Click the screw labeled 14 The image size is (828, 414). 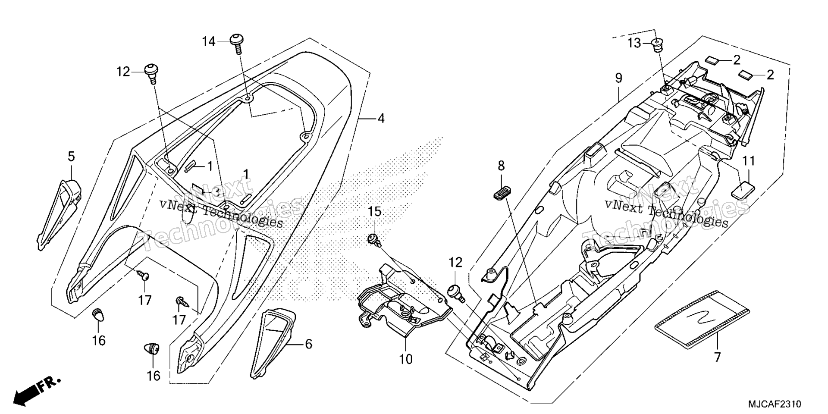pyautogui.click(x=237, y=43)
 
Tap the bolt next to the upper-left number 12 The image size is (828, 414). pyautogui.click(x=152, y=73)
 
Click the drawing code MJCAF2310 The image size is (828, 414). pyautogui.click(x=775, y=404)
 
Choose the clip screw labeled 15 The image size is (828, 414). pyautogui.click(x=374, y=240)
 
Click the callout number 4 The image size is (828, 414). pyautogui.click(x=381, y=118)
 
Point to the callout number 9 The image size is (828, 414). pyautogui.click(x=619, y=78)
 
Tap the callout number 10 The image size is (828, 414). pyautogui.click(x=406, y=359)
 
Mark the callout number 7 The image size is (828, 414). pyautogui.click(x=718, y=358)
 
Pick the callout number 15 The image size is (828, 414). pyautogui.click(x=375, y=212)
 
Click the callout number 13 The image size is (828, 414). pyautogui.click(x=635, y=43)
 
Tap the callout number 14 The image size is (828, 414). pyautogui.click(x=209, y=41)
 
